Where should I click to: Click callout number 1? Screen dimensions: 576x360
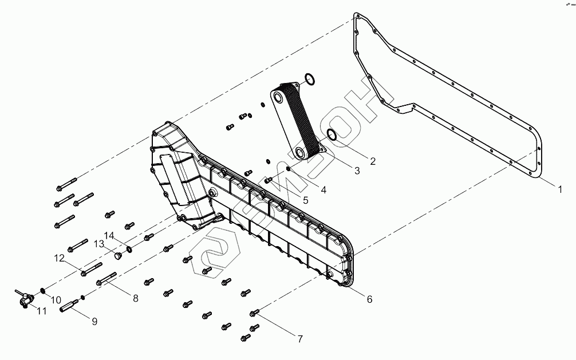pos(560,188)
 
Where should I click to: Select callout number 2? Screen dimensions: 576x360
pos(372,161)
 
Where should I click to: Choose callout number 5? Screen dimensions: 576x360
pos(305,200)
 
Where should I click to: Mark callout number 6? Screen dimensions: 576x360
pos(369,299)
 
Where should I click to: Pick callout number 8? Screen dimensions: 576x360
pos(135,298)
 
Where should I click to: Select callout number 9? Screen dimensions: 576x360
pos(94,321)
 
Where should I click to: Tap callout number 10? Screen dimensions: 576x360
pos(56,299)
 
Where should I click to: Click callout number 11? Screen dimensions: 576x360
pos(42,311)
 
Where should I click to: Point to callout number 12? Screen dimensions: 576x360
pos(60,258)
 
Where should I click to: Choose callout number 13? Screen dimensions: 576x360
pos(98,244)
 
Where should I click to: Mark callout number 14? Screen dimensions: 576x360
pos(109,235)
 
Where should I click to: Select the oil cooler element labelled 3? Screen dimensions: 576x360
pos(298,120)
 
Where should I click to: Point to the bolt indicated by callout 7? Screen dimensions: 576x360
pos(255,312)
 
